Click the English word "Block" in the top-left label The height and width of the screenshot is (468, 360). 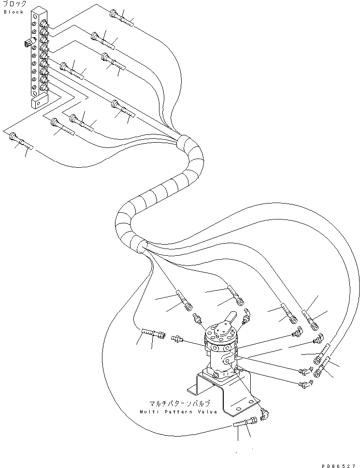[x=14, y=12]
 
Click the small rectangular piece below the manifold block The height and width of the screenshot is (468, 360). [x=38, y=102]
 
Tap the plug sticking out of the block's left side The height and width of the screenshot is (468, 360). [x=26, y=44]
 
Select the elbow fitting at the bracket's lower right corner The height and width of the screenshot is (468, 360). [x=263, y=411]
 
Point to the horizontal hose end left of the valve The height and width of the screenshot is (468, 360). [x=152, y=333]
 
